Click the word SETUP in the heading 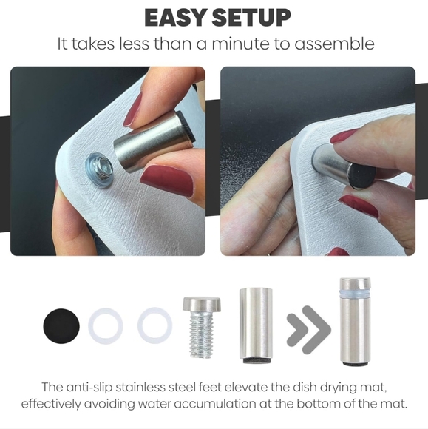[251, 18]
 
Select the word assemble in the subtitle [334, 44]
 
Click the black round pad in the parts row [61, 325]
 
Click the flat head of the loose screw [202, 304]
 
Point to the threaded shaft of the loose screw [201, 335]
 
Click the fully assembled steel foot [356, 322]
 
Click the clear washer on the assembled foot [356, 294]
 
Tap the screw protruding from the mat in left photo [101, 169]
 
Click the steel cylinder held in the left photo [154, 142]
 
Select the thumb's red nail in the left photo [167, 180]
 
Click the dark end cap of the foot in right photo [362, 175]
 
